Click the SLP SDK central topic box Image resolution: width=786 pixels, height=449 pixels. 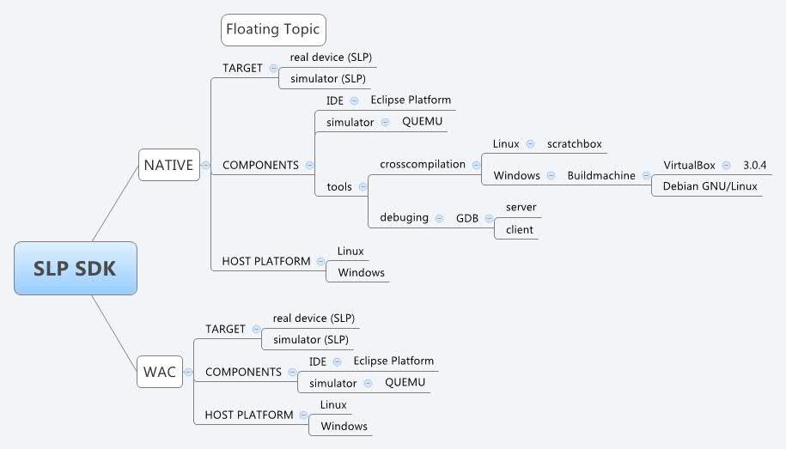[75, 269]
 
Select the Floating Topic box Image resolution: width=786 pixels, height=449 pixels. [272, 29]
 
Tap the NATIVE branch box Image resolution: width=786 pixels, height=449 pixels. [168, 164]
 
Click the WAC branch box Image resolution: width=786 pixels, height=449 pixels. [159, 372]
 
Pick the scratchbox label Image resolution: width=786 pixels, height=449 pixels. [574, 143]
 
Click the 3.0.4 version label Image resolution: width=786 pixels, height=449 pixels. [754, 165]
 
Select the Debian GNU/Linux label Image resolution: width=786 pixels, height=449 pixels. [710, 185]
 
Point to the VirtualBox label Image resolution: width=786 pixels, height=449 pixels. [689, 165]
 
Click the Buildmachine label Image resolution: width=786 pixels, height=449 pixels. [601, 175]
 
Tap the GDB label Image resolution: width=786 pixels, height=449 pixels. [466, 218]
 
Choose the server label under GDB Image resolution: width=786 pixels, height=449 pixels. [521, 207]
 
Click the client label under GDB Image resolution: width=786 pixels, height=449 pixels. [519, 229]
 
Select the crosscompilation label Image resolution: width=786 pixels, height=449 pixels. [423, 164]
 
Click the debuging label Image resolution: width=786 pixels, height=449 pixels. [404, 217]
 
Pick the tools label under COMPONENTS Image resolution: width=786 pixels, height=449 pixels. [338, 186]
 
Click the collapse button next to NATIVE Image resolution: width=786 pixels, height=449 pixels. [205, 165]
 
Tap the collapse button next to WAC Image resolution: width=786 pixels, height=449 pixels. [188, 372]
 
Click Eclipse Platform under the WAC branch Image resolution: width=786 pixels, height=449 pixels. [393, 361]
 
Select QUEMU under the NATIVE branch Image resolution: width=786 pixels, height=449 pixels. [422, 121]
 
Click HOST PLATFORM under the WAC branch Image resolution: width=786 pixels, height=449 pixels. [248, 415]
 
